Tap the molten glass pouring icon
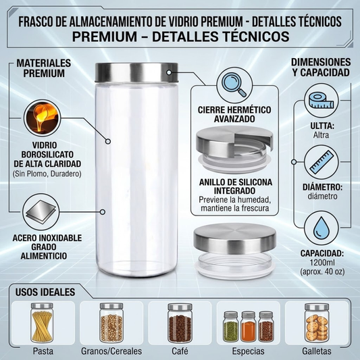pos(42,118)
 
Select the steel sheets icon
pos(41,211)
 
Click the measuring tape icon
pos(322,101)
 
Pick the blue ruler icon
pos(322,162)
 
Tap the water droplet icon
pos(322,228)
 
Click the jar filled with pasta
pos(42,323)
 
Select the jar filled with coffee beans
pos(180,323)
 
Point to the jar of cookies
pos(317,323)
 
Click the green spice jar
pos(231,326)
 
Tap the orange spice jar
pos(248,326)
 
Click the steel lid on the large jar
pos(136,72)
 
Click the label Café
pos(180,351)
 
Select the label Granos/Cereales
pos(111,351)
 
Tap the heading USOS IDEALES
pos(45,292)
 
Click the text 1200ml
pos(322,263)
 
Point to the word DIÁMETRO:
pos(322,187)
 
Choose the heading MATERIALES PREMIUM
pos(44,68)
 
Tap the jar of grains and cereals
pos(111,323)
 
